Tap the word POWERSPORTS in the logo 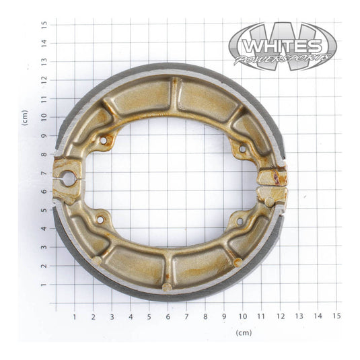point(283,59)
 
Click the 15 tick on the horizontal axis point(336,315)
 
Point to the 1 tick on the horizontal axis point(74,315)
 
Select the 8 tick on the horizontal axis point(205,315)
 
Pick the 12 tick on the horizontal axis point(280,315)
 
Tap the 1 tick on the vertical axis point(44,285)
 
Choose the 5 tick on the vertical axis point(44,210)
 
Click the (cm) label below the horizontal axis point(244,332)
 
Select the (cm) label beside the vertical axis point(24,117)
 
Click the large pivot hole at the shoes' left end point(67,179)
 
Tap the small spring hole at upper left point(103,141)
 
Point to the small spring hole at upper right point(242,148)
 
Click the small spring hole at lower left point(100,219)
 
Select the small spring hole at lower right point(240,220)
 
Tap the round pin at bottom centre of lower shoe point(167,287)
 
